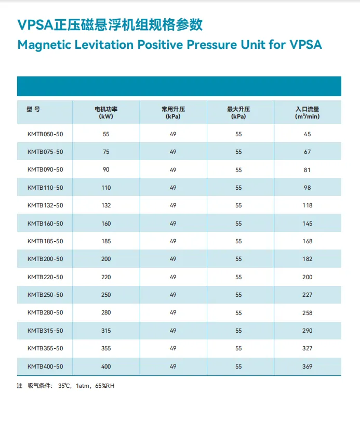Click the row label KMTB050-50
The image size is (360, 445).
45,134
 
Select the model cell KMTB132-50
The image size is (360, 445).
45,205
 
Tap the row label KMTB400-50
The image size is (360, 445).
45,367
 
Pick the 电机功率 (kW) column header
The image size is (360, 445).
106,113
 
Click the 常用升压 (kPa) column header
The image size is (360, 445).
173,113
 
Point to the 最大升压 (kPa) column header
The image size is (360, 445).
238,113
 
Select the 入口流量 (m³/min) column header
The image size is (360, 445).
307,113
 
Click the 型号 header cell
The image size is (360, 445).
33,109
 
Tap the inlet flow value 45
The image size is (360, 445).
307,134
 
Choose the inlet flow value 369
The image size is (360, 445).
307,367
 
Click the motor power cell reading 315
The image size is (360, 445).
106,331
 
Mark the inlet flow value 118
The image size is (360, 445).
307,205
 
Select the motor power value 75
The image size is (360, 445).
106,152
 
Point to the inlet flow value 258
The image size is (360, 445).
307,313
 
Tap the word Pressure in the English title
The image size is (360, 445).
211,45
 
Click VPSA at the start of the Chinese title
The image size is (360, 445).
36,24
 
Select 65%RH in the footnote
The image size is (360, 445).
105,386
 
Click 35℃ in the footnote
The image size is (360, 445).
64,386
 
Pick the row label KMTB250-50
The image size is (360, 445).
45,295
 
